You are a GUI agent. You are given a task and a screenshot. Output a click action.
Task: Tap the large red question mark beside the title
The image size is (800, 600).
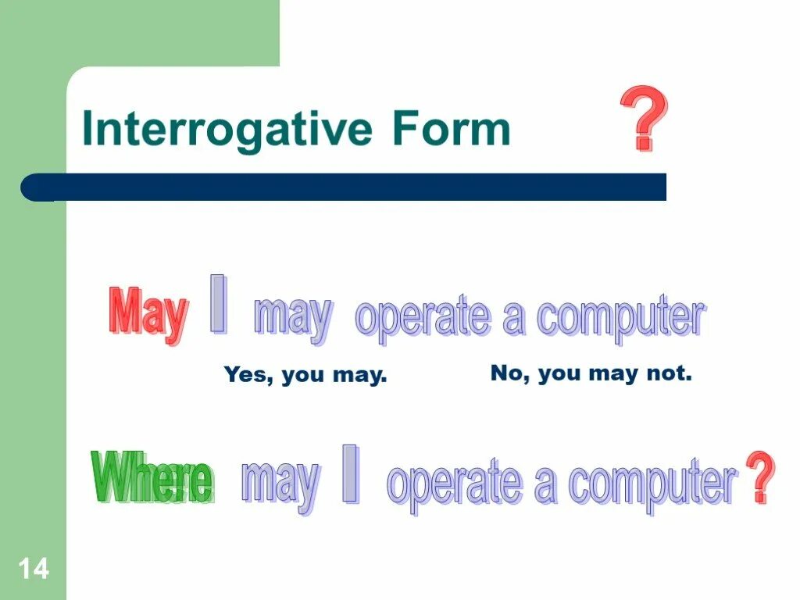point(645,119)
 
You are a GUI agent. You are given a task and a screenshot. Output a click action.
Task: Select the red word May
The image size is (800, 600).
point(148,314)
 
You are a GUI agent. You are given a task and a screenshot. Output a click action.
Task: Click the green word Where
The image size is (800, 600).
point(153,477)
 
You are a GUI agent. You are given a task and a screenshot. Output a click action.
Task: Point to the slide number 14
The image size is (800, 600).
point(34,569)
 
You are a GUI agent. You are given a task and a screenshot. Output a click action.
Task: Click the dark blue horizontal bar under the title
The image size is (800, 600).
point(344,187)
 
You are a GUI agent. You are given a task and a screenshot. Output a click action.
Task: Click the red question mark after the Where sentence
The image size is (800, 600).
point(759,477)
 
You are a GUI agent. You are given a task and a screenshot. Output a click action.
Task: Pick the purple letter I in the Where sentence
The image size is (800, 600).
point(352,473)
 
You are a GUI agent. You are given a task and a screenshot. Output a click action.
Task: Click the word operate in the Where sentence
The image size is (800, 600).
point(455,484)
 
